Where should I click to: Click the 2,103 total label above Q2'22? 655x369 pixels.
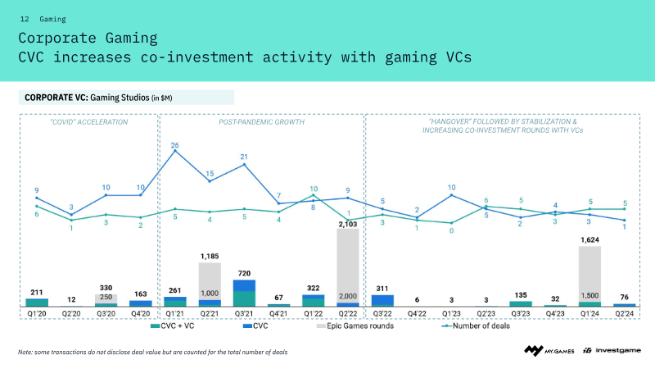click(x=348, y=222)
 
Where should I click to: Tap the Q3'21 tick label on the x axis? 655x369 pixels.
click(x=244, y=314)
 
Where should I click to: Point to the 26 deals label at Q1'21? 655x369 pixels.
click(x=174, y=145)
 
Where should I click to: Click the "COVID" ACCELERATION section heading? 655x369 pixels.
click(x=89, y=121)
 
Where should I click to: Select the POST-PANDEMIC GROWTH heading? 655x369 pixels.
click(x=261, y=121)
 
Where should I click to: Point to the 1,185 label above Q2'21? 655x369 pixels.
click(x=209, y=256)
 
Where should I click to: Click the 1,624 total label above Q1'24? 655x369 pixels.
click(x=589, y=240)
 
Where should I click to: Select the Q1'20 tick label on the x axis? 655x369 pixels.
click(x=36, y=314)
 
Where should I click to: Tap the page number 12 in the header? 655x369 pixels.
click(x=25, y=18)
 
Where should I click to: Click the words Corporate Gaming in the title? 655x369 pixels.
click(x=88, y=38)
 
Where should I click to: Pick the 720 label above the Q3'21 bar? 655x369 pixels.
click(x=244, y=273)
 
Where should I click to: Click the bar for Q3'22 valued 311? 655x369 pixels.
click(x=382, y=300)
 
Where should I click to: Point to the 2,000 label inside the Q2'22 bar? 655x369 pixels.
click(x=348, y=296)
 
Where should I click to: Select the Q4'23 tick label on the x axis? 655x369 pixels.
click(x=555, y=314)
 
